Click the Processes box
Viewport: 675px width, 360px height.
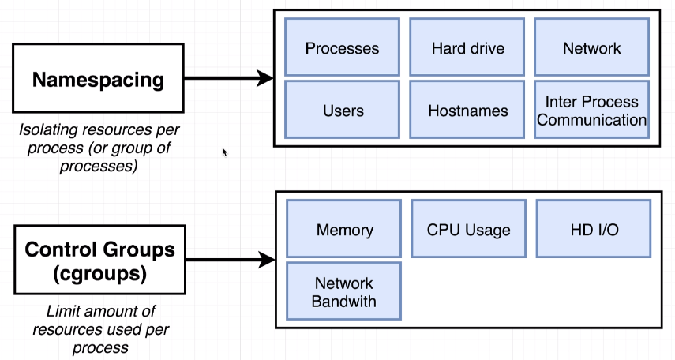click(342, 47)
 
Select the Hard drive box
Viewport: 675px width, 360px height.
click(467, 47)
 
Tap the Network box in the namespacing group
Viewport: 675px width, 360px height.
click(592, 47)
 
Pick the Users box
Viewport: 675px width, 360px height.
click(342, 110)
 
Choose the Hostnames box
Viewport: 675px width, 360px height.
click(467, 110)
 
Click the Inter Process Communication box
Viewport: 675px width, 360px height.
click(592, 110)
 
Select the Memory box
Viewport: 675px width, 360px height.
click(344, 229)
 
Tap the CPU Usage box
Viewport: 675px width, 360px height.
click(469, 229)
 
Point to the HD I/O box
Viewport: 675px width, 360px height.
click(594, 229)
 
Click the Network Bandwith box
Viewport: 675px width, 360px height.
click(344, 291)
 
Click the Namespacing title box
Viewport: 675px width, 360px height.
click(98, 78)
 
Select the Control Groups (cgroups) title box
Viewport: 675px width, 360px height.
click(100, 260)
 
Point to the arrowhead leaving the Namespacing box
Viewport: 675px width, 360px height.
click(264, 78)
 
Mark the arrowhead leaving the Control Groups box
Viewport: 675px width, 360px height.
click(267, 260)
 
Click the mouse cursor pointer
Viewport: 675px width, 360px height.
click(225, 152)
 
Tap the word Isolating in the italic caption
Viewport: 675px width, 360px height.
click(47, 129)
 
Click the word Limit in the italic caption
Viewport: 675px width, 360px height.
click(59, 311)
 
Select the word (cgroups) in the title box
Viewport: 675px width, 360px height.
click(100, 274)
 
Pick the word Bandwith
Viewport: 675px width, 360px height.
click(344, 301)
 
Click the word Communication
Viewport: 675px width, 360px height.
click(592, 119)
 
